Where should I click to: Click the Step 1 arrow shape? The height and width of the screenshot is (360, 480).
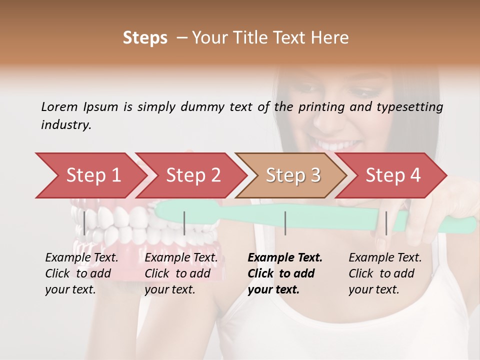coord(93,175)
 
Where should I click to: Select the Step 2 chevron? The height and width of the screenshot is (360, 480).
coord(193,175)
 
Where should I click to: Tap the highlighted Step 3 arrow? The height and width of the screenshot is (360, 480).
coord(293,175)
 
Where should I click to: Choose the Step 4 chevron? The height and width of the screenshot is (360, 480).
coord(393,175)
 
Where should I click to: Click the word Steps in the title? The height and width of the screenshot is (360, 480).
coord(145,38)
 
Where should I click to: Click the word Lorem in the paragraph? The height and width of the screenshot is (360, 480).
coord(59,106)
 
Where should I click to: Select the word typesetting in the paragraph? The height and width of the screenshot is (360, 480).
coord(410,106)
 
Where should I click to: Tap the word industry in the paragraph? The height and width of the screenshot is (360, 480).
coord(66,124)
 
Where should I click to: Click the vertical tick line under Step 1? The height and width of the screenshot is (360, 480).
coord(84,223)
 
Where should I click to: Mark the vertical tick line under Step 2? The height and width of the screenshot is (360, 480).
coord(184,223)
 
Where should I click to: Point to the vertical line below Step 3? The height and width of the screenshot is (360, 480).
coord(285,223)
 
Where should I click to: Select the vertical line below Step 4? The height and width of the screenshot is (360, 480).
coord(386,223)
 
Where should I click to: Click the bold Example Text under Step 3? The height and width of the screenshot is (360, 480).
coord(285,258)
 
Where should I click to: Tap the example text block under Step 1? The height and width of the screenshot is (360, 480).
coord(81,273)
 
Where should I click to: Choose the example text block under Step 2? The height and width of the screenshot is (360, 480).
coord(181,273)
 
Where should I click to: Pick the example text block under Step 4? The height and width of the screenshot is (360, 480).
coord(385,273)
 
